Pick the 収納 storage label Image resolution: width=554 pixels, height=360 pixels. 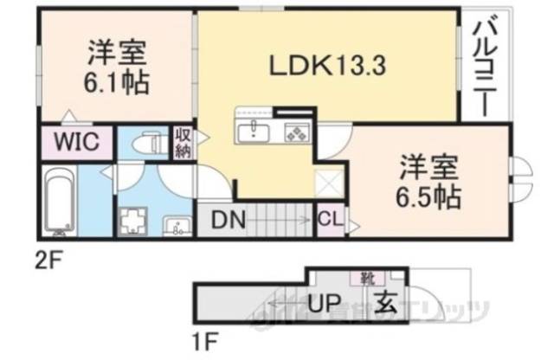click(x=183, y=143)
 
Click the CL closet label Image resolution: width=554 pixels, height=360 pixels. click(x=330, y=221)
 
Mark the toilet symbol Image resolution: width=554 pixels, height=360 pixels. click(x=150, y=140)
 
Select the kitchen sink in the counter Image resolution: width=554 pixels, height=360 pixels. click(x=255, y=132)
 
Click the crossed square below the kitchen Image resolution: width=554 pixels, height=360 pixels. click(x=327, y=184)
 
